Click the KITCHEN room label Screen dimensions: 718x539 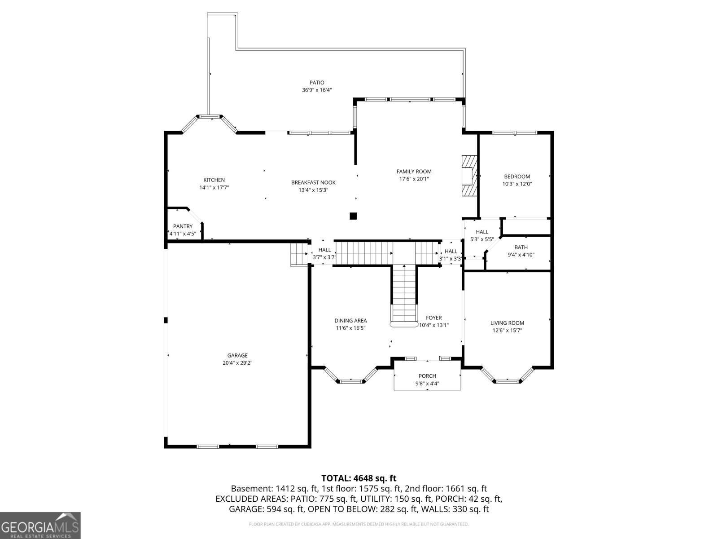click(x=214, y=180)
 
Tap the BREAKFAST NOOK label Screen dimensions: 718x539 click(x=313, y=183)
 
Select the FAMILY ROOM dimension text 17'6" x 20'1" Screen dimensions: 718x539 click(x=414, y=179)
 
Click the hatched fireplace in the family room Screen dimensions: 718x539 click(x=469, y=176)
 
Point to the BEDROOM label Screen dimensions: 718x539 click(x=517, y=177)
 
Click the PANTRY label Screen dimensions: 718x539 click(x=183, y=226)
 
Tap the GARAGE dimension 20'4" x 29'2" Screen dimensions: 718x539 click(x=237, y=363)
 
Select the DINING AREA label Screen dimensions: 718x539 click(x=350, y=321)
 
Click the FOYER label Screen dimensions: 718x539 click(x=434, y=318)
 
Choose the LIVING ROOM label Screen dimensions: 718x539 click(x=507, y=323)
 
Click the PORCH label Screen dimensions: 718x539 click(x=427, y=376)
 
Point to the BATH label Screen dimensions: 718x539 click(x=521, y=247)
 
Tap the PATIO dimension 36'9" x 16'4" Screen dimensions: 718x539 click(x=317, y=90)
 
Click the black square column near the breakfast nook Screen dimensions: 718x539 click(x=353, y=216)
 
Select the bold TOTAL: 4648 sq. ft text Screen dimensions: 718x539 click(x=359, y=478)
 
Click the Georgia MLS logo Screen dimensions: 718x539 click(x=40, y=526)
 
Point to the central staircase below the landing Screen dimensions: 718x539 click(x=405, y=295)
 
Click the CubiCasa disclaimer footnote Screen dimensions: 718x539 click(x=359, y=524)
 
